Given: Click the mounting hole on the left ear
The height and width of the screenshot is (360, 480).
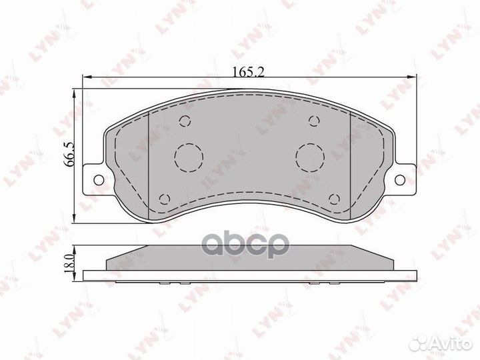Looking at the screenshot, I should pyautogui.click(x=99, y=179).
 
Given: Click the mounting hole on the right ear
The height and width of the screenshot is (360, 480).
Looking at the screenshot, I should pyautogui.click(x=399, y=179).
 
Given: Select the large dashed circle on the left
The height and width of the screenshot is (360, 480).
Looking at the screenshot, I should pyautogui.click(x=187, y=157).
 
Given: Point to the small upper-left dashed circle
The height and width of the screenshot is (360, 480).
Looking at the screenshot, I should pyautogui.click(x=185, y=121).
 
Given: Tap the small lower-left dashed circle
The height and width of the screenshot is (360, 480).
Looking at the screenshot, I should pyautogui.click(x=164, y=198).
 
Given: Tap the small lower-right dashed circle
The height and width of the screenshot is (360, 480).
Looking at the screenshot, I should pyautogui.click(x=335, y=198).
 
